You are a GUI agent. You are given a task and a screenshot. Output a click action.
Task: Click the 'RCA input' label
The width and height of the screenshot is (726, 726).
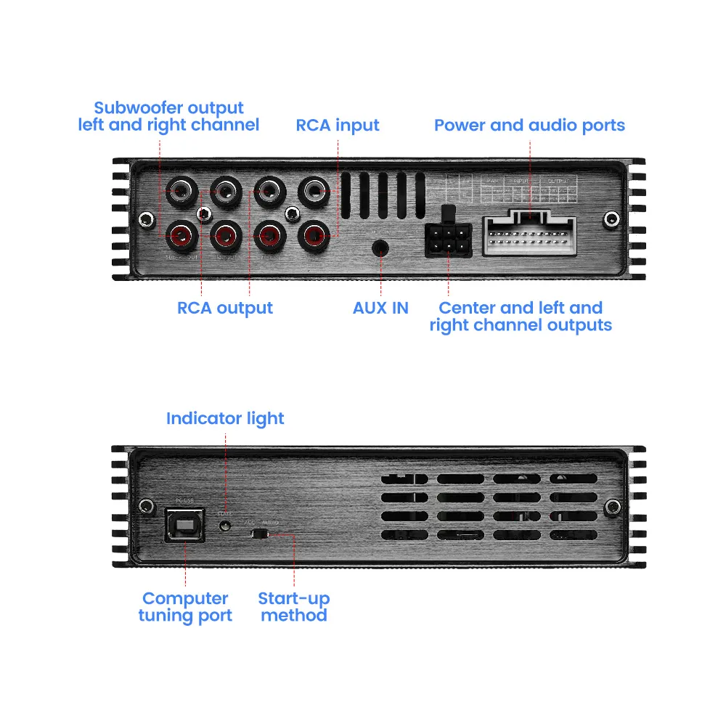point(338,125)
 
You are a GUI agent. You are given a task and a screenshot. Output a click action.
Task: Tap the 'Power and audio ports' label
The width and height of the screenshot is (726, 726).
point(529,125)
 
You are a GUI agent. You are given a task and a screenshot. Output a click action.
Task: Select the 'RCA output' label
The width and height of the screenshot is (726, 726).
point(225,307)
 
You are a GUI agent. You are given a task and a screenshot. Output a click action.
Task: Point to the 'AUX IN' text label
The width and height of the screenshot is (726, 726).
point(380,307)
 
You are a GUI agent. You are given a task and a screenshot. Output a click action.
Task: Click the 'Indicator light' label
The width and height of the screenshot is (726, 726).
point(225,419)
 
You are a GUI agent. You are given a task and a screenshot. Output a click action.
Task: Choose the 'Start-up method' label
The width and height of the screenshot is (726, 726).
point(294,608)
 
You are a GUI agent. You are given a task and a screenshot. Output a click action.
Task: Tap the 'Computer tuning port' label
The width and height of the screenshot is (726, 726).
point(185,608)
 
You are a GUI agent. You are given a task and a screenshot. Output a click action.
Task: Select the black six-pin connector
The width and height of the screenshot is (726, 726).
point(448,238)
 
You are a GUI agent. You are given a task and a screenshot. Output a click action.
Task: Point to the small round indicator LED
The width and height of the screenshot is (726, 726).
point(226,523)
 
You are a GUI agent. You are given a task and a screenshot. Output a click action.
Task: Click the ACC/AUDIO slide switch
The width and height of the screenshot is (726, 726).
point(259,534)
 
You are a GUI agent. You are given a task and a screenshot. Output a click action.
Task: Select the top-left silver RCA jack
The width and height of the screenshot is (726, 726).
point(179,191)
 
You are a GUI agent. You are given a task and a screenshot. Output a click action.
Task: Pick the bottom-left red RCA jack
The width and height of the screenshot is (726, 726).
point(179,234)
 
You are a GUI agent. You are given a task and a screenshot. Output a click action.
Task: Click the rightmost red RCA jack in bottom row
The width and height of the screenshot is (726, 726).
point(314,234)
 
